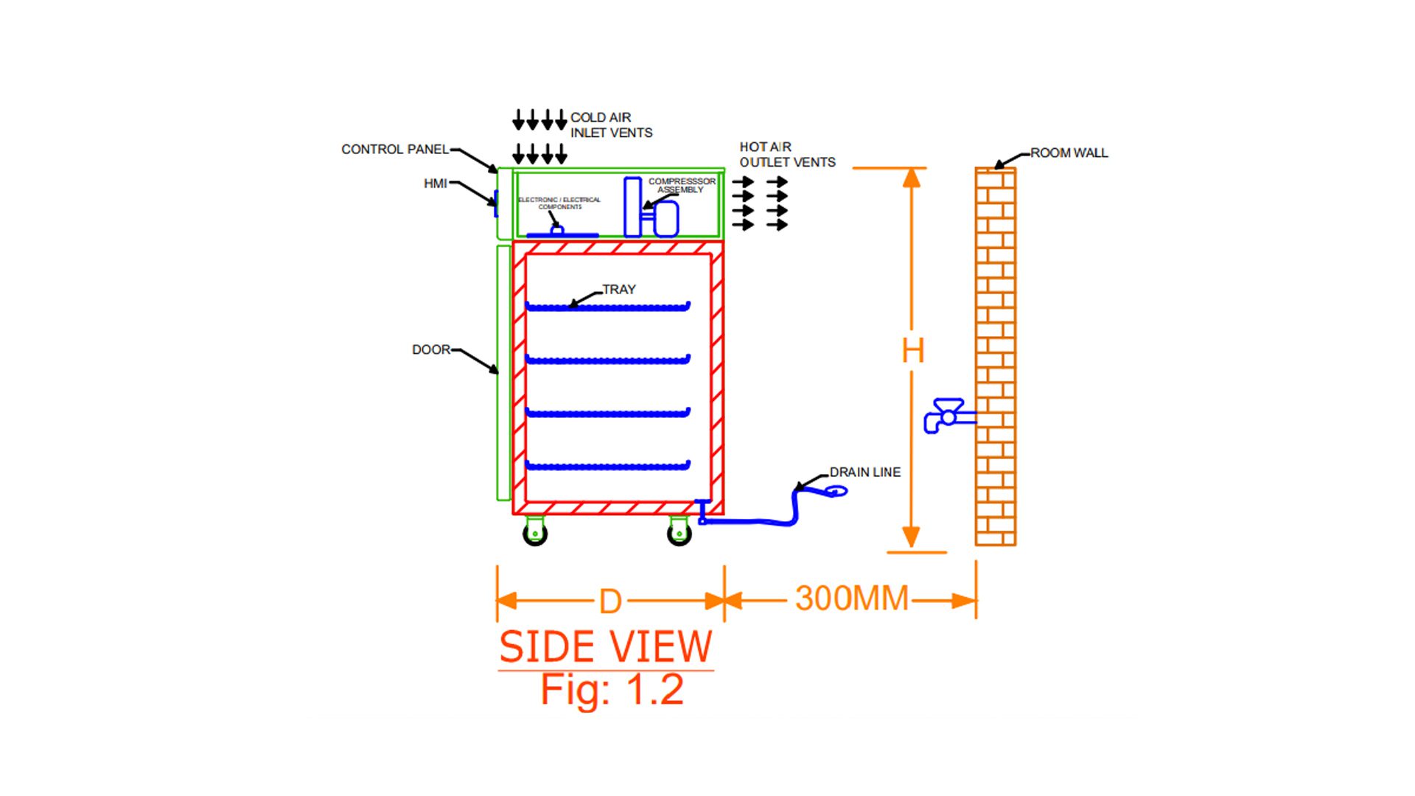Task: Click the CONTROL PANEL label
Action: click(x=394, y=150)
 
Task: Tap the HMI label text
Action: click(x=435, y=184)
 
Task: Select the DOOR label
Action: click(x=430, y=349)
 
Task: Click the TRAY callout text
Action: click(x=618, y=290)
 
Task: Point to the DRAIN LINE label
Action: click(x=864, y=472)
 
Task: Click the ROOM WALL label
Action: click(x=1069, y=153)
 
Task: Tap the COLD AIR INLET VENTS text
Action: click(x=611, y=125)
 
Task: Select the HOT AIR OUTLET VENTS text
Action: click(x=787, y=155)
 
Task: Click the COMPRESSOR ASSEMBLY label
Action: click(x=682, y=185)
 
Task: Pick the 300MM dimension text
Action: click(x=852, y=598)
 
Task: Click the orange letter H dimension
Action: click(x=912, y=351)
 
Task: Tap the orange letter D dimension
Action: click(x=610, y=602)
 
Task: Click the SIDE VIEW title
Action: click(x=606, y=647)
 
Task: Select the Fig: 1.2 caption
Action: click(x=612, y=690)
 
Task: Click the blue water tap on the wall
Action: click(x=946, y=416)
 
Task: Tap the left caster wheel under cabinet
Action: click(x=535, y=533)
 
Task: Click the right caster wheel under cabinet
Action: click(x=679, y=533)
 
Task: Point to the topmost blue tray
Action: click(x=607, y=307)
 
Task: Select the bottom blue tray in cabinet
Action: click(x=607, y=466)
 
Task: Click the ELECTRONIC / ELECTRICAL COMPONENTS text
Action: click(x=559, y=203)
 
